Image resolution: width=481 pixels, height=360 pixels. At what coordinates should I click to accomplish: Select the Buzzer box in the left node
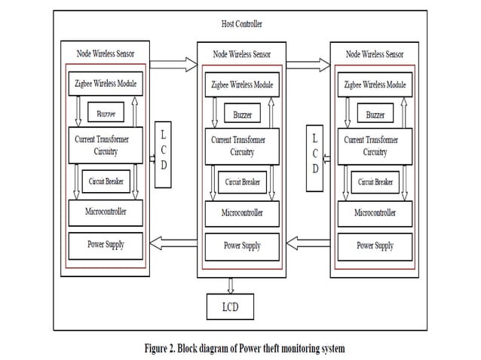point(105,114)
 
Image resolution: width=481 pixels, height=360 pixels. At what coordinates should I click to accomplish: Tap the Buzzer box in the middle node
point(240,115)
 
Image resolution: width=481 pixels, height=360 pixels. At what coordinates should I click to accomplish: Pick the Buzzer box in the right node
point(375,115)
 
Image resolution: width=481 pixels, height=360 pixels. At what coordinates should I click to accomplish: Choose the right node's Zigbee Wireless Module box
point(374,85)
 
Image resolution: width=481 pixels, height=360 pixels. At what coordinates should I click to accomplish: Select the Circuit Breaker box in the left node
point(106,181)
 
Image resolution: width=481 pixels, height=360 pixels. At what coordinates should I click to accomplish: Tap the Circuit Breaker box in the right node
point(375,182)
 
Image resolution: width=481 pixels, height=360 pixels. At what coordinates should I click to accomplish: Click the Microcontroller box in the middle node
point(240,212)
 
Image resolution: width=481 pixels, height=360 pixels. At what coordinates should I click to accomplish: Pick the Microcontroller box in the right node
point(375,212)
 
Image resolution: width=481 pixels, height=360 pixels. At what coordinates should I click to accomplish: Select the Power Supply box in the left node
point(105,245)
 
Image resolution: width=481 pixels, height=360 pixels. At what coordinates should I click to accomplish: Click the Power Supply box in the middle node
point(241,246)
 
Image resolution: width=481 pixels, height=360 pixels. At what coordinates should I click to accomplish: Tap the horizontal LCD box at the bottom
point(231,307)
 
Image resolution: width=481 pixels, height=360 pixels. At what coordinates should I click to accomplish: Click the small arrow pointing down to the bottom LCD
point(230,285)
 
